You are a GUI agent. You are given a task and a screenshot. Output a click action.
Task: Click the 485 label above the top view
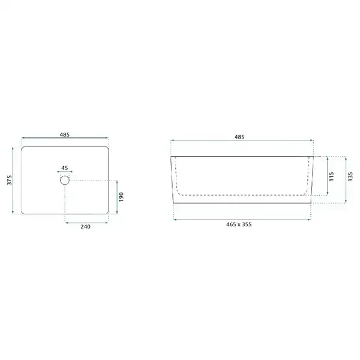point(65,134)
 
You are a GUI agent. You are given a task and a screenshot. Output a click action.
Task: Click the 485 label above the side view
point(239,137)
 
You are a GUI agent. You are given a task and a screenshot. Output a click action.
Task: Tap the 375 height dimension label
point(10,180)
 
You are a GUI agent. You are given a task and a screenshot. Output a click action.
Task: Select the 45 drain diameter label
point(65,168)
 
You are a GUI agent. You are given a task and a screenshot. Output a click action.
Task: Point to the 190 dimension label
point(121,197)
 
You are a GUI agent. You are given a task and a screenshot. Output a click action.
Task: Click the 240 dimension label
point(85,227)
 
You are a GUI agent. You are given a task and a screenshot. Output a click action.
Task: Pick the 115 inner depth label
point(331,176)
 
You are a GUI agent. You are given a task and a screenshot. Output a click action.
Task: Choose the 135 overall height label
point(350,176)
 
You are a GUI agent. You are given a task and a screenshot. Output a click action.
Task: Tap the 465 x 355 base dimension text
point(239,224)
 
